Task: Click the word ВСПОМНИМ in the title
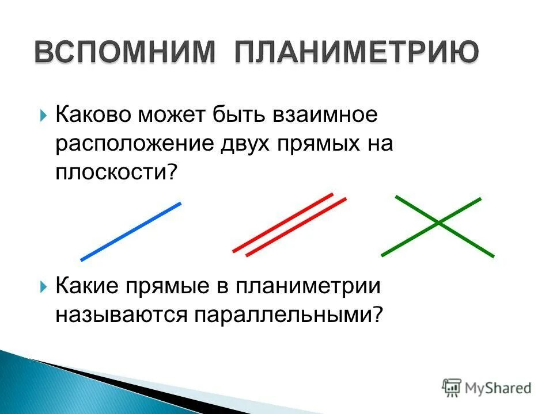click(126, 53)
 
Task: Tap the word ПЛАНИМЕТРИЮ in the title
click(356, 53)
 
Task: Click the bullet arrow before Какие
click(44, 286)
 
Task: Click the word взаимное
click(325, 114)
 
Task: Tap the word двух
click(246, 144)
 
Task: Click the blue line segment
click(131, 231)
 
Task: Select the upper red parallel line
click(283, 222)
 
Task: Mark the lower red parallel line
click(296, 227)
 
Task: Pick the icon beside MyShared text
click(452, 388)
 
